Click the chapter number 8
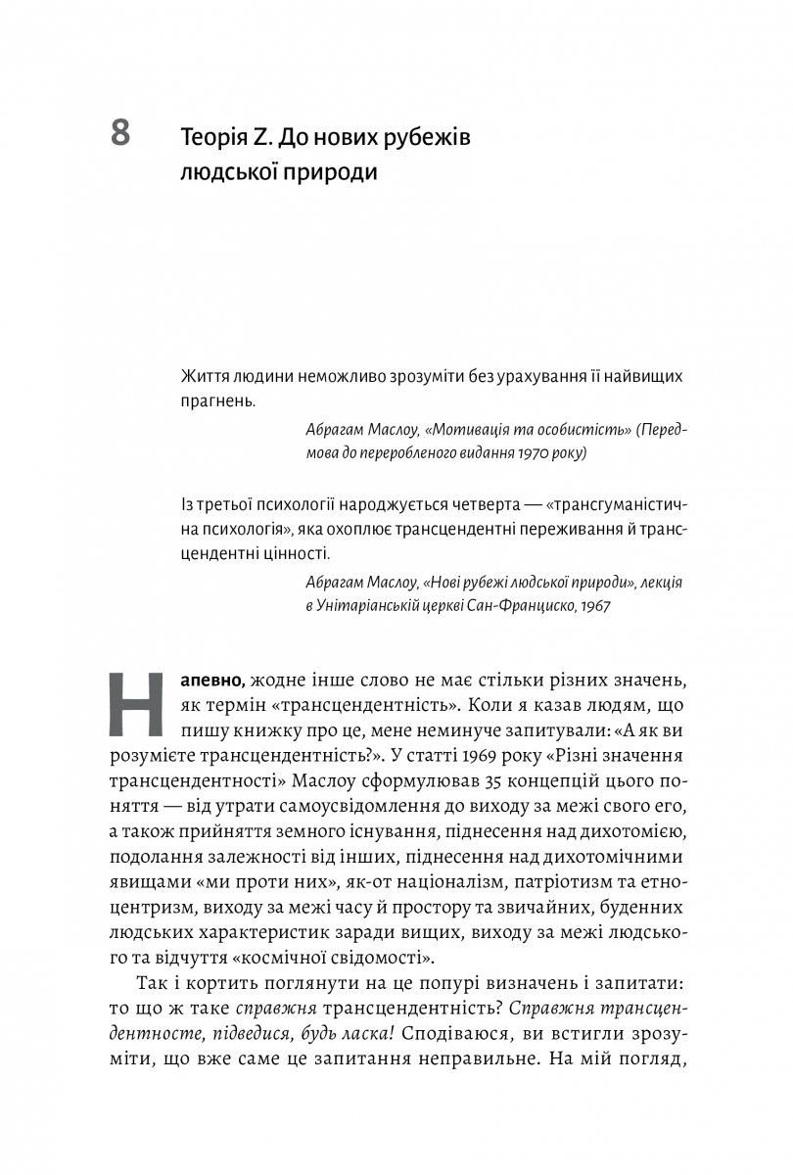[119, 132]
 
